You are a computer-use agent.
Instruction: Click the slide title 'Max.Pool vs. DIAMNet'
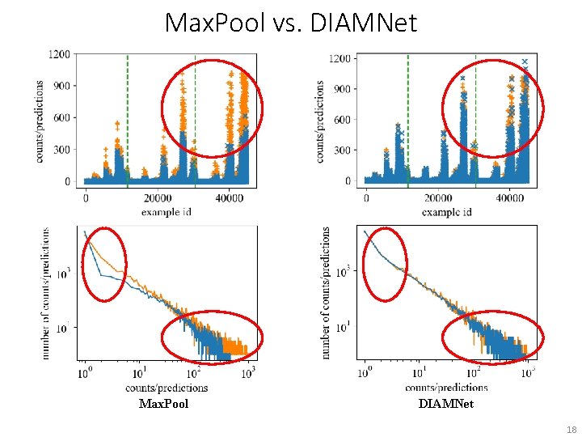(x=291, y=23)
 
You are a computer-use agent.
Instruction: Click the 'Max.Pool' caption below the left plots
(x=163, y=403)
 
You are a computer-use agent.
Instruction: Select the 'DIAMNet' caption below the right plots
(x=446, y=403)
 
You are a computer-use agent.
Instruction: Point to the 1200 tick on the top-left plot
(x=61, y=54)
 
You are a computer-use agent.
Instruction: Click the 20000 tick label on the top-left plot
(x=158, y=197)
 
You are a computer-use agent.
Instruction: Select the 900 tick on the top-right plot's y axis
(x=342, y=89)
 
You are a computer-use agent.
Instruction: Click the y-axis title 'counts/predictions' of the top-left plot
(x=40, y=121)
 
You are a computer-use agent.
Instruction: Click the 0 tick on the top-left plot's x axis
(x=86, y=197)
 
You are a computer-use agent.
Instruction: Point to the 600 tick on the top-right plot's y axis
(x=342, y=120)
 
